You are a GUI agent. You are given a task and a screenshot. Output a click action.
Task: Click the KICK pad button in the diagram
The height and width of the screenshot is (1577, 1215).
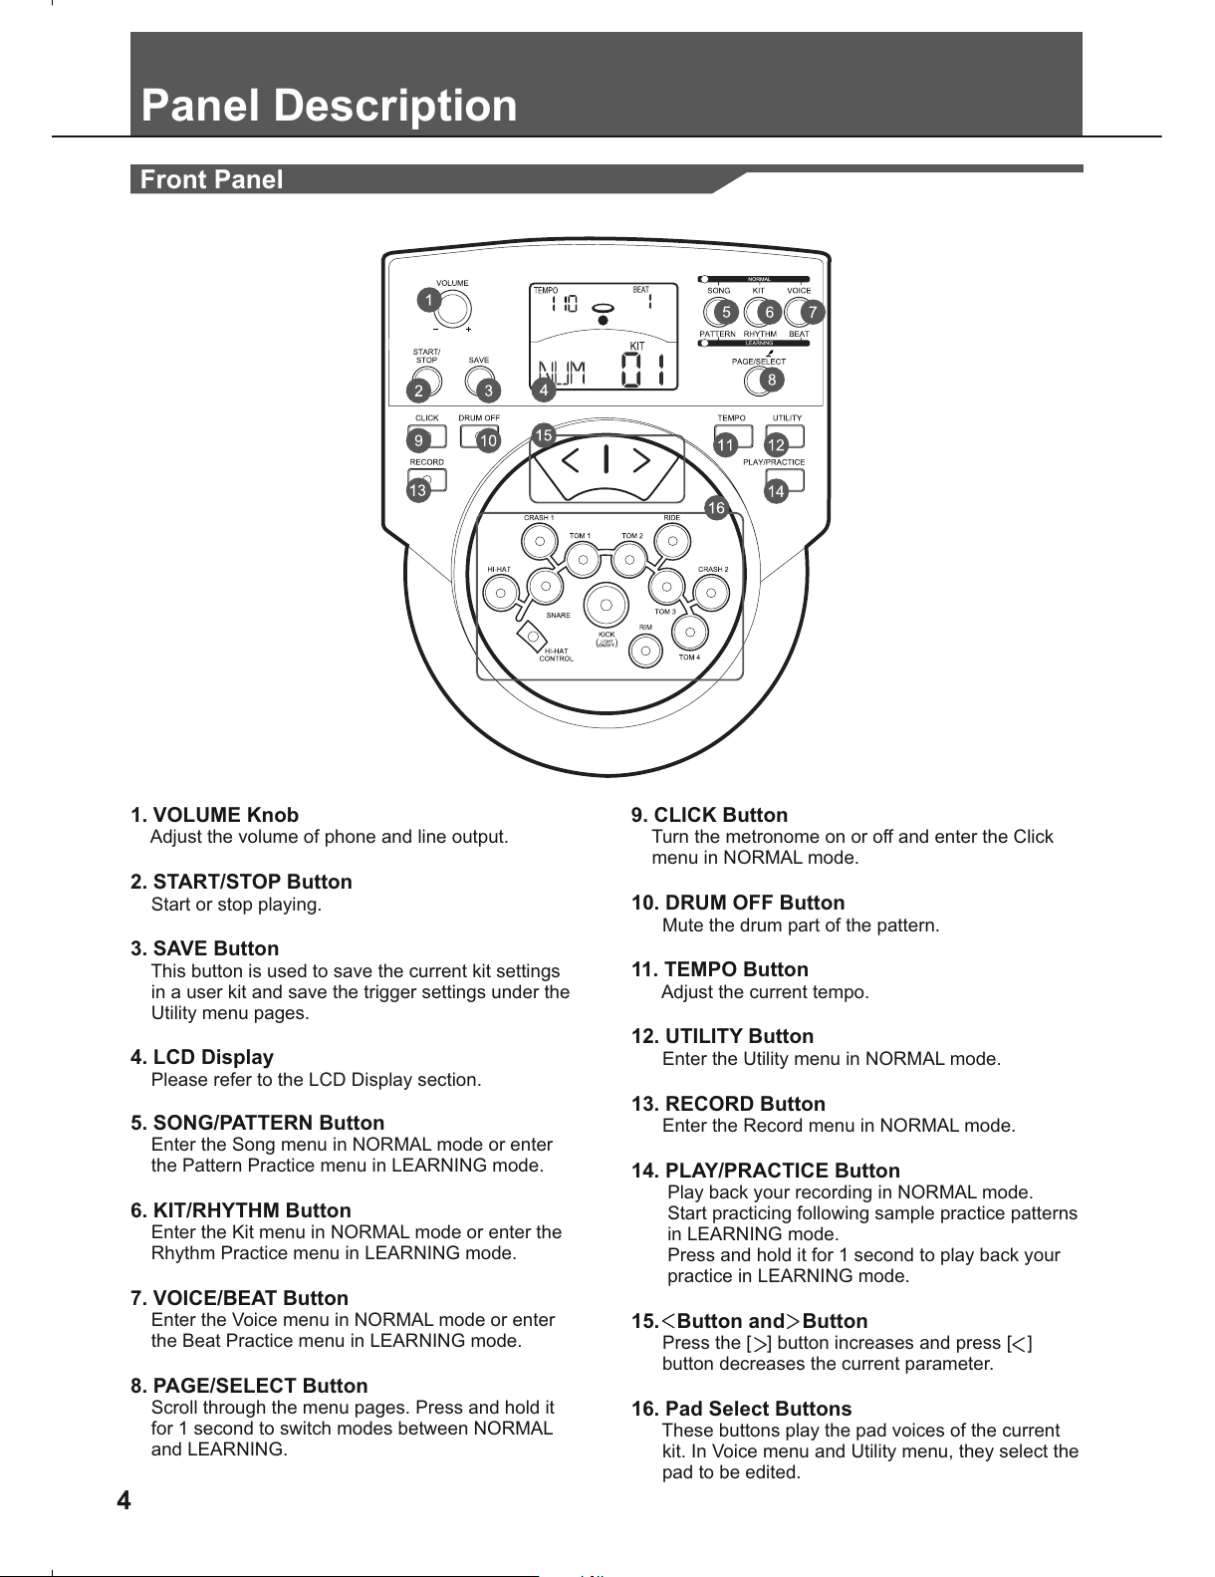pos(605,605)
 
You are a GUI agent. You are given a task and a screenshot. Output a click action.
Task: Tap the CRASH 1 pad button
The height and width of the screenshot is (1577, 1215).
pos(539,542)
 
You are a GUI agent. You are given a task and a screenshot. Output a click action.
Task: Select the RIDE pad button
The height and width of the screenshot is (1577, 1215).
pos(672,542)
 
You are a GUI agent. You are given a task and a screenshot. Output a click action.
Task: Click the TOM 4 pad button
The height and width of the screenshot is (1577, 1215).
pos(688,632)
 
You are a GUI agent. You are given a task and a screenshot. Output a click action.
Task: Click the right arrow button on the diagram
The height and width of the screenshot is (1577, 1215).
pos(640,460)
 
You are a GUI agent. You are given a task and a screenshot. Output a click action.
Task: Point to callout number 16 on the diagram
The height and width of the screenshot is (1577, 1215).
pos(715,509)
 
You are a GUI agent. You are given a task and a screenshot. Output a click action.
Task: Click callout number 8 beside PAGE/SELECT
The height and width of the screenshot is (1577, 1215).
pos(768,380)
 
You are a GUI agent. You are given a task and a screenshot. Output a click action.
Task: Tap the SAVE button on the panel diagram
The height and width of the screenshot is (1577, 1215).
pos(479,380)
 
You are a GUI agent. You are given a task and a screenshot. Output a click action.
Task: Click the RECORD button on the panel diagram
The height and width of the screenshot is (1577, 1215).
pos(427,479)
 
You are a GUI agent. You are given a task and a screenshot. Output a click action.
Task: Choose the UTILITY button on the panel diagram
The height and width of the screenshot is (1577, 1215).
pos(788,435)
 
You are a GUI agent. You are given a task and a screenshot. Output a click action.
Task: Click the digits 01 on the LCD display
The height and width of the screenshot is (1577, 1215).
pos(642,374)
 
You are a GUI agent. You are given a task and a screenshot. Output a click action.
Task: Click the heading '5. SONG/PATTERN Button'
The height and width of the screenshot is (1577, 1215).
pos(257,1124)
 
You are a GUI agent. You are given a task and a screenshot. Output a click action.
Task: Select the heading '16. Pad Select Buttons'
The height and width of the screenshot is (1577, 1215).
pos(742,1409)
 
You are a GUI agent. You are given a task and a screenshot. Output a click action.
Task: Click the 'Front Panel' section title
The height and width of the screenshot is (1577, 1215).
pos(212,180)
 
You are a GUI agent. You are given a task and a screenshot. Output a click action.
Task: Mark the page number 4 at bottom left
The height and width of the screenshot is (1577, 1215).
pos(123,1500)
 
